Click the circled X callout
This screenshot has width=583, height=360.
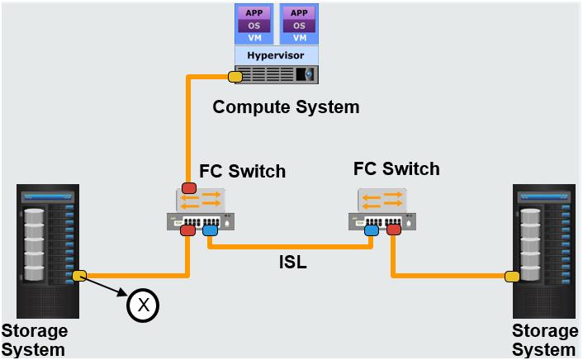pos(143,306)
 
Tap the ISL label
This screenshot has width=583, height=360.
pos(293,262)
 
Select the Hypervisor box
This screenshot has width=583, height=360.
pos(277,55)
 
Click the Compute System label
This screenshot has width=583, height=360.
pos(286,107)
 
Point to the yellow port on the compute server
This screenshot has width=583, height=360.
pos(235,77)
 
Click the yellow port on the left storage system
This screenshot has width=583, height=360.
pos(79,276)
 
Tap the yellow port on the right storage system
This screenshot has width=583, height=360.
pos(512,277)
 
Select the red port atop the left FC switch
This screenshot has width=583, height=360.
pos(189,187)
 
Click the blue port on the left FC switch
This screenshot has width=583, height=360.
pos(210,230)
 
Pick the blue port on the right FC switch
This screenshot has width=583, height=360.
pos(372,230)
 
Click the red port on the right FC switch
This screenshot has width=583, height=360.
pos(394,230)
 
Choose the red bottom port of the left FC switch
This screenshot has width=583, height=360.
pos(187,230)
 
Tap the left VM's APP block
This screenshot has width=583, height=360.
pos(254,13)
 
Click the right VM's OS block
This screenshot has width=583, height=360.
pos(299,26)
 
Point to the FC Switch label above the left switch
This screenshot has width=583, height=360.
pos(243,171)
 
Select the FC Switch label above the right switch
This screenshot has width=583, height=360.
pos(396,168)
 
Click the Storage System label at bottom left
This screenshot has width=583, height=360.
pos(35,340)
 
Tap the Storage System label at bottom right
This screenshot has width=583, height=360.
pos(545,340)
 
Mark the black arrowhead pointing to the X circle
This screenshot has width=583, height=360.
pos(123,292)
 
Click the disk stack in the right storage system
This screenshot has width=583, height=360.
pos(530,244)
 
